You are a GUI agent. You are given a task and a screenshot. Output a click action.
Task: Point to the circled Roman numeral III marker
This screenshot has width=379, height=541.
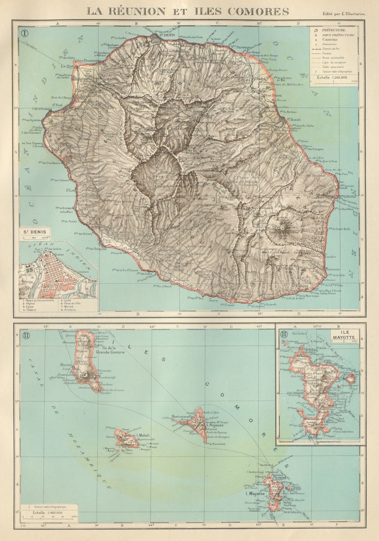tap(284, 334)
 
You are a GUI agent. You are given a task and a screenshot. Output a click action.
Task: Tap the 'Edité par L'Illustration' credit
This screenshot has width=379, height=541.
tap(344, 14)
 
